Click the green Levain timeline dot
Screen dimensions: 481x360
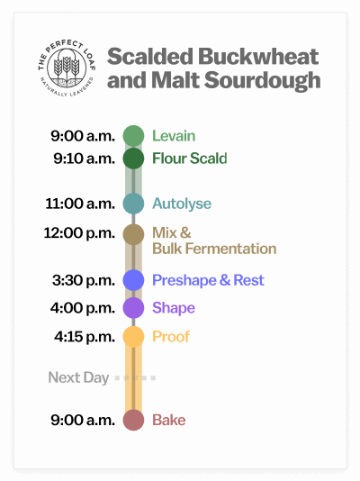pyautogui.click(x=134, y=136)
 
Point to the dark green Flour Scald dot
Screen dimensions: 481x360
pyautogui.click(x=134, y=159)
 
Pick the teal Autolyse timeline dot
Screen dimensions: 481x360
pyautogui.click(x=134, y=204)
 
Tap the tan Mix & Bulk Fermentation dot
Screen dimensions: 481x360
pyautogui.click(x=134, y=234)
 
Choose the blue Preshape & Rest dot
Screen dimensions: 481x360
pyautogui.click(x=134, y=280)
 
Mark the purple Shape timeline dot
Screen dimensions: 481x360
pyautogui.click(x=134, y=308)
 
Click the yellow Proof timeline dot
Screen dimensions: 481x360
pyautogui.click(x=134, y=337)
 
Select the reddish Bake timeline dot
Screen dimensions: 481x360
pyautogui.click(x=134, y=420)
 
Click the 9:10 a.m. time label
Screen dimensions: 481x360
pyautogui.click(x=83, y=159)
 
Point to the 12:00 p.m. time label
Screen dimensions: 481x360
pyautogui.click(x=79, y=233)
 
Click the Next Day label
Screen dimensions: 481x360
pyautogui.click(x=78, y=377)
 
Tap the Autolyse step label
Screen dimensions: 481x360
pyautogui.click(x=181, y=204)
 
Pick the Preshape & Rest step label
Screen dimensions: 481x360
pyautogui.click(x=208, y=280)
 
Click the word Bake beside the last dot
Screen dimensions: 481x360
pyautogui.click(x=168, y=420)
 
